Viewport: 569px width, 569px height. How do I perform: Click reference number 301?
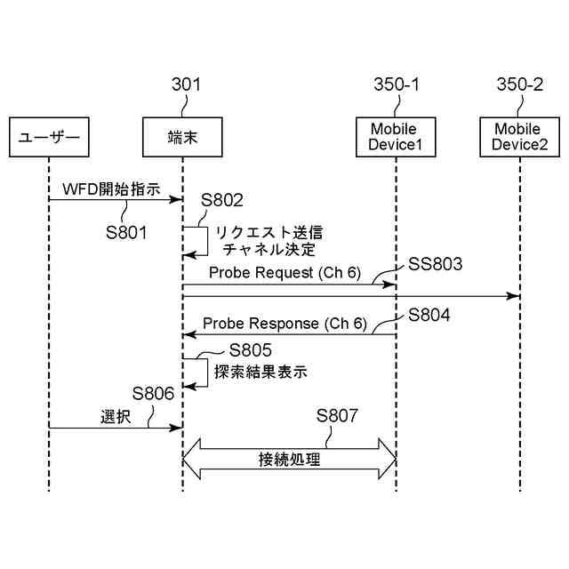tap(186, 84)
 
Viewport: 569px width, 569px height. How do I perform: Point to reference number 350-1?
tap(397, 84)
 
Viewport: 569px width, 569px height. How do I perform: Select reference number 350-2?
tap(520, 84)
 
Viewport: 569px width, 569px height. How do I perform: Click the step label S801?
tap(126, 233)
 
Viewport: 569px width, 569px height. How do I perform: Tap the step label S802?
tap(222, 200)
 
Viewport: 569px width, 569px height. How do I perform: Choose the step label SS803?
tap(435, 264)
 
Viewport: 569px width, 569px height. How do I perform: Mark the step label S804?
tap(429, 315)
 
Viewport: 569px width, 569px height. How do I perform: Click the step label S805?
tap(251, 350)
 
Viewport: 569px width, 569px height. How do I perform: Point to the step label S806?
tap(153, 393)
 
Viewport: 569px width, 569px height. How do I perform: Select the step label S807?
tap(337, 415)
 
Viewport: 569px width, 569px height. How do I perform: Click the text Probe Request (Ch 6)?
tap(284, 273)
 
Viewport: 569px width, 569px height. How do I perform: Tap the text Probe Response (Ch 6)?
tap(284, 324)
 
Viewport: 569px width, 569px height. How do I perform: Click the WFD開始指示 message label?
tap(111, 189)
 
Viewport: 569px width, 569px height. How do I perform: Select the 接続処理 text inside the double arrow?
tap(289, 460)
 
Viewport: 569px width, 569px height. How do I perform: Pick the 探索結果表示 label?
tap(260, 372)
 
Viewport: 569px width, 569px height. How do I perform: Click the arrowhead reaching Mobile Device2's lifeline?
tap(514, 296)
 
